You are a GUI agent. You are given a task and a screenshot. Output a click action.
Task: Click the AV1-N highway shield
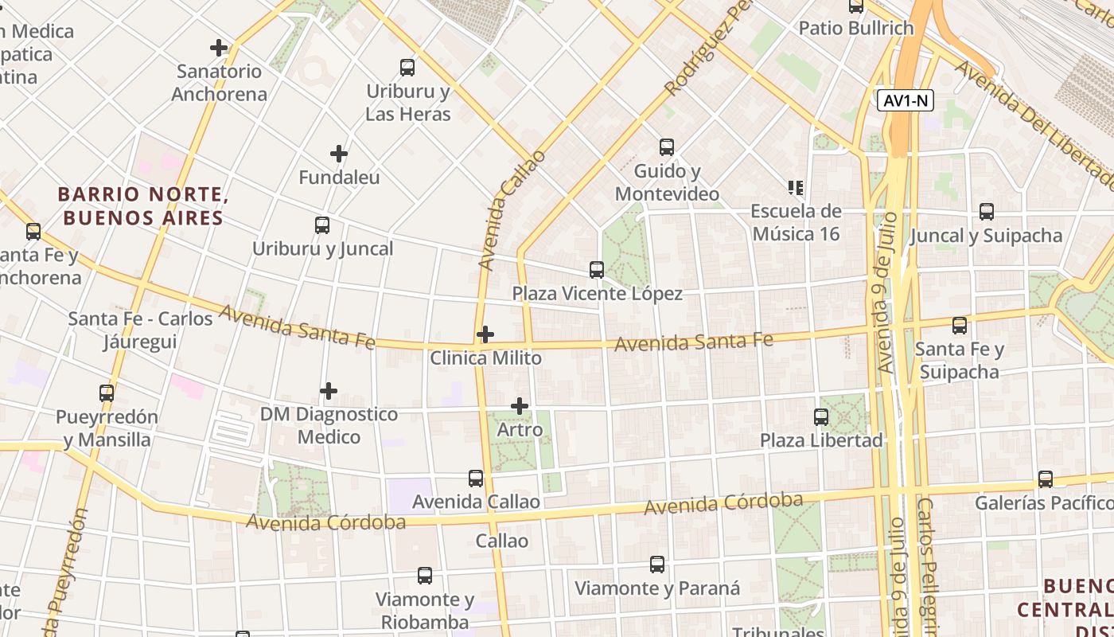pyautogui.click(x=906, y=101)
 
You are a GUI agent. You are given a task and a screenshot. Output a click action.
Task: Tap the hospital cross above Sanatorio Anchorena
pyautogui.click(x=219, y=48)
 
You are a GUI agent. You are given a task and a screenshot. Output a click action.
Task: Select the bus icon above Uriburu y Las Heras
pyautogui.click(x=407, y=68)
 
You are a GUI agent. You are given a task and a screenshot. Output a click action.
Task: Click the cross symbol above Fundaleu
pyautogui.click(x=339, y=153)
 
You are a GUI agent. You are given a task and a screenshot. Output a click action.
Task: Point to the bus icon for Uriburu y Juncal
pyautogui.click(x=322, y=225)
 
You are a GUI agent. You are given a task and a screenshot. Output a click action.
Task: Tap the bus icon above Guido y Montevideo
pyautogui.click(x=667, y=147)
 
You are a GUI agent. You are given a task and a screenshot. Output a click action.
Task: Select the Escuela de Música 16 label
pyautogui.click(x=796, y=222)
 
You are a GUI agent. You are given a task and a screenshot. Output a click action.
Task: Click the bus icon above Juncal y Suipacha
pyautogui.click(x=987, y=212)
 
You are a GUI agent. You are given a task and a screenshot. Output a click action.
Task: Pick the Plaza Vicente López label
pyautogui.click(x=597, y=294)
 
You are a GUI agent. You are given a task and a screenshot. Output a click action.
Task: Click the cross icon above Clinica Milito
pyautogui.click(x=485, y=334)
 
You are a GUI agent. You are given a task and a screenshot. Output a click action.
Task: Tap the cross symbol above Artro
pyautogui.click(x=520, y=407)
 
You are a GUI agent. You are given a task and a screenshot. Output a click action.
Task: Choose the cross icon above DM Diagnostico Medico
pyautogui.click(x=329, y=391)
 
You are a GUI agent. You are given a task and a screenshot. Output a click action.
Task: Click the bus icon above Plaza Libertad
pyautogui.click(x=821, y=416)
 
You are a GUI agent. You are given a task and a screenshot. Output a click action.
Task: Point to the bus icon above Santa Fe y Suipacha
pyautogui.click(x=960, y=326)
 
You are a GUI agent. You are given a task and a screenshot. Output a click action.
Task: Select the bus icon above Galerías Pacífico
pyautogui.click(x=1046, y=479)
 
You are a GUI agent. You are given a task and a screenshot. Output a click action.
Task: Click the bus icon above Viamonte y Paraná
pyautogui.click(x=657, y=565)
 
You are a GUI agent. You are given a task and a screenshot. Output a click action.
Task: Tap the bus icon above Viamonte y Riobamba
pyautogui.click(x=425, y=576)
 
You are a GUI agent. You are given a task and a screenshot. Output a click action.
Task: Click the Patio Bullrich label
pyautogui.click(x=856, y=29)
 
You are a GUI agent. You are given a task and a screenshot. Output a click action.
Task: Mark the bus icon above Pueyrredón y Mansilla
pyautogui.click(x=107, y=393)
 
